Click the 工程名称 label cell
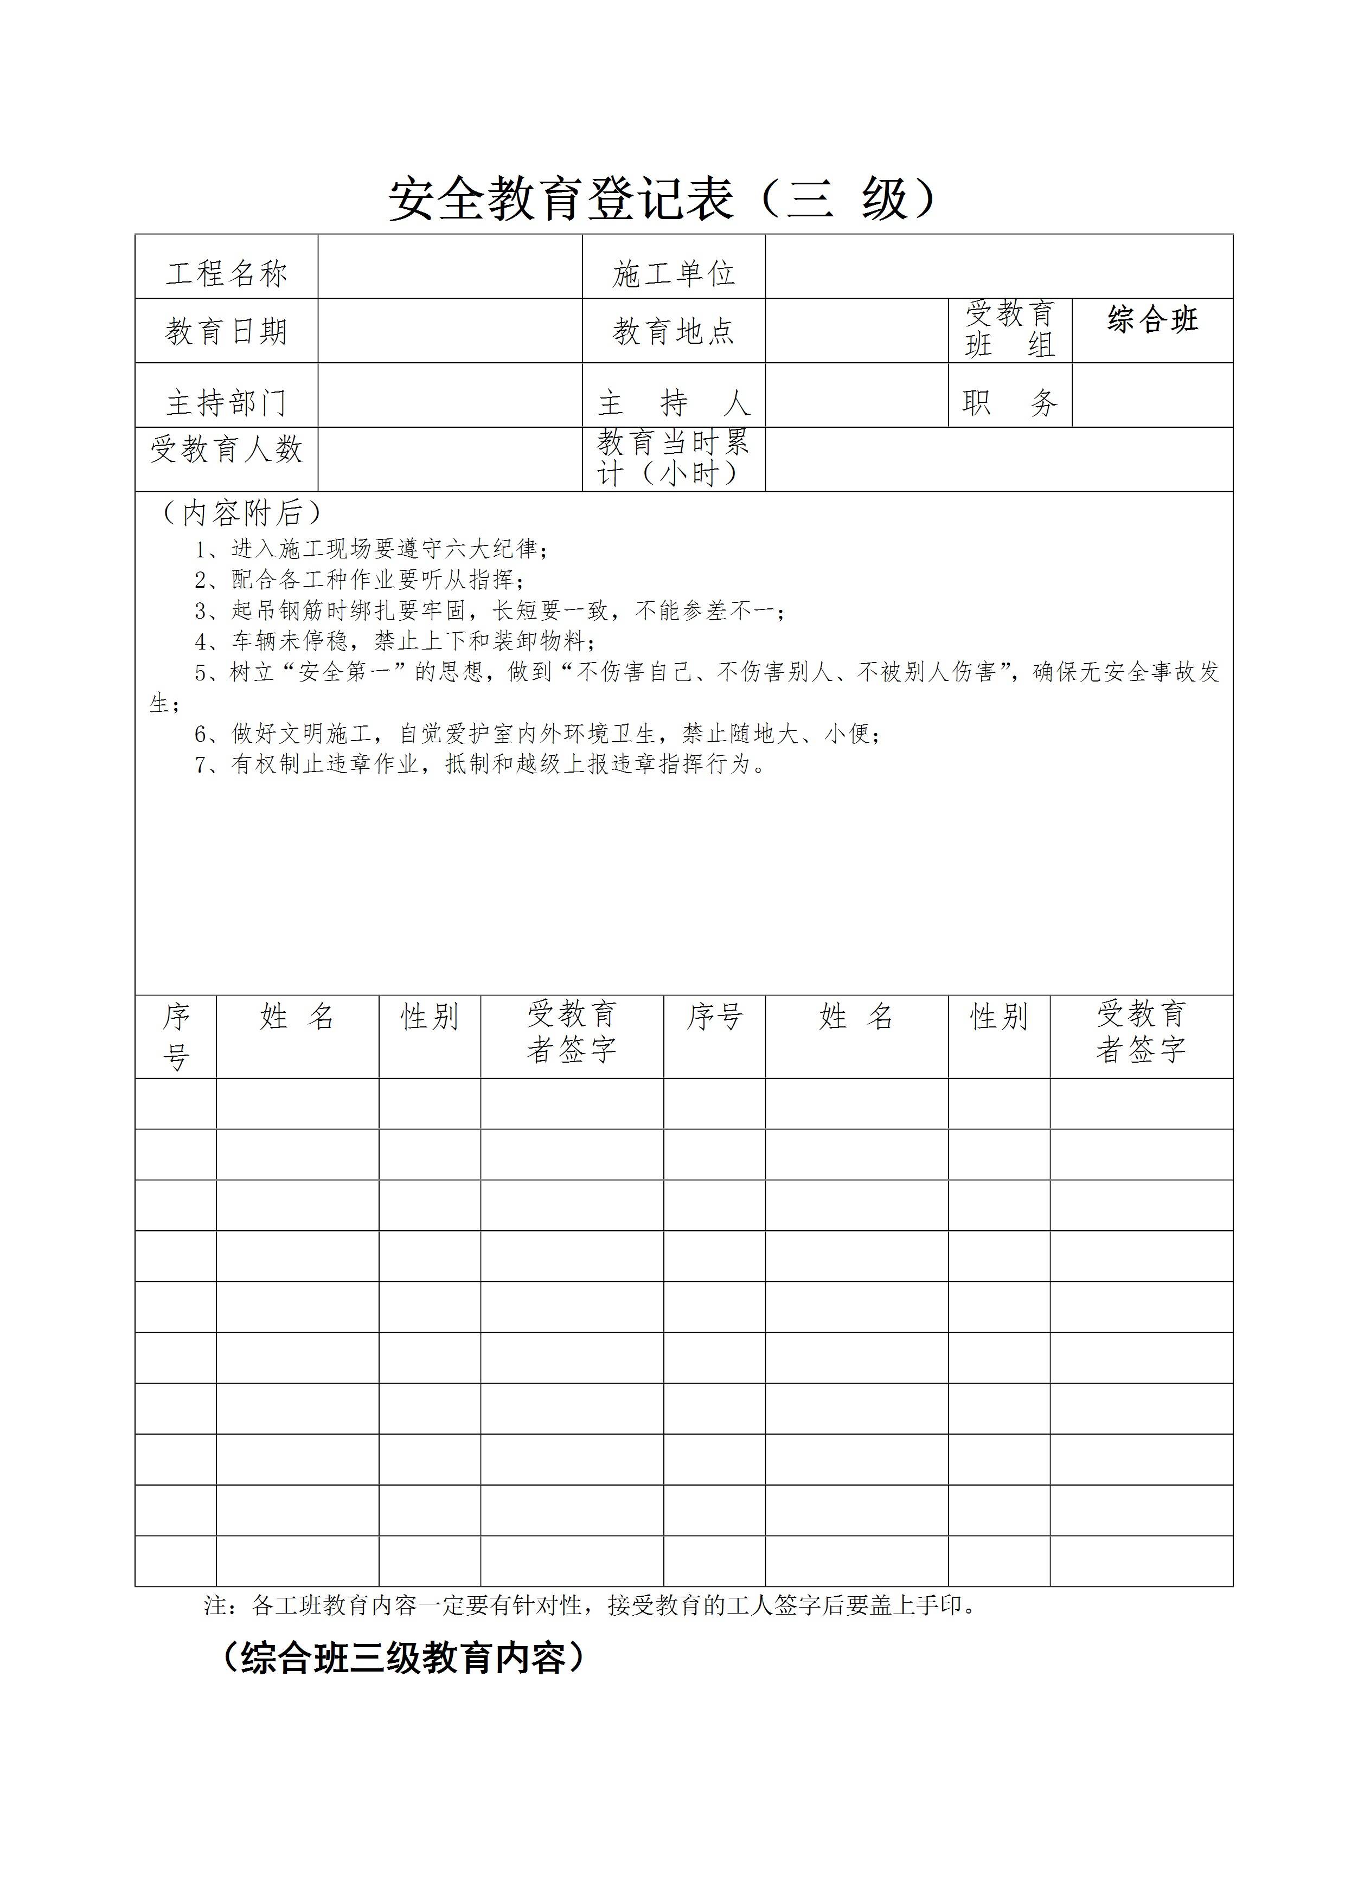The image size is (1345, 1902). tap(226, 273)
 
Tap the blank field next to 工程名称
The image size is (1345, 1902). tap(450, 267)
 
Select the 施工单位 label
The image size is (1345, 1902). tap(673, 273)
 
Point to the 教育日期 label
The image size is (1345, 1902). tap(226, 331)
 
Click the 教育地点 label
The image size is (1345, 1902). tap(673, 331)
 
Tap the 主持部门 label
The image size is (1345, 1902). tap(226, 403)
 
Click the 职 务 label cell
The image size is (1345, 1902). tap(1009, 403)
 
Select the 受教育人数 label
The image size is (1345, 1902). tap(226, 450)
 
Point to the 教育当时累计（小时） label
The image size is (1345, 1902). tap(673, 458)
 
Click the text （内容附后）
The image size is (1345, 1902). tap(240, 513)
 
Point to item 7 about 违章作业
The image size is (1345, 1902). tap(481, 764)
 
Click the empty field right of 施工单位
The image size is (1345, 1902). tap(998, 267)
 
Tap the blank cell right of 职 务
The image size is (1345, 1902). tap(1152, 395)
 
